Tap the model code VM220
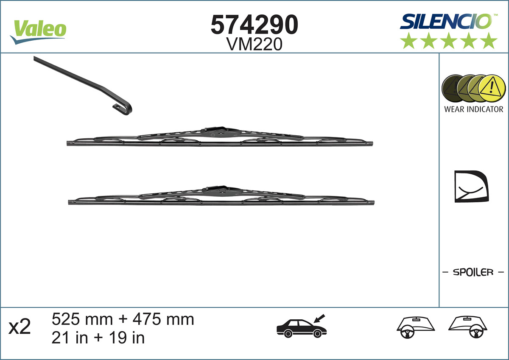tap(255, 44)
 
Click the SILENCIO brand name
tap(445, 21)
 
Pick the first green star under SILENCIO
tap(408, 41)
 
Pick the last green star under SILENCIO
tap(489, 41)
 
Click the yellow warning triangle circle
tap(492, 88)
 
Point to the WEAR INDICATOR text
tap(473, 109)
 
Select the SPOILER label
tap(473, 272)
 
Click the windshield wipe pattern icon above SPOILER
tap(471, 187)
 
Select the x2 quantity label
tap(20, 327)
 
